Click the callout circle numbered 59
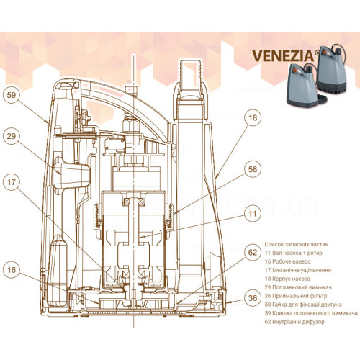[x=12, y=95]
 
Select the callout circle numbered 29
[x=12, y=136]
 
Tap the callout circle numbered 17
[x=12, y=182]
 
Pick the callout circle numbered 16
[x=12, y=270]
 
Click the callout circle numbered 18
[x=253, y=117]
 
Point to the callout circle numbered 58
[x=253, y=169]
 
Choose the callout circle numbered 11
[x=253, y=213]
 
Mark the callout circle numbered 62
[x=253, y=252]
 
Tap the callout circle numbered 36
[x=253, y=298]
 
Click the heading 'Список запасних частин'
[x=297, y=244]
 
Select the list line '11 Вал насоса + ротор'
[x=294, y=253]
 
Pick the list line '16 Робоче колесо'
[x=287, y=261]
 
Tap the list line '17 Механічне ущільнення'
[x=298, y=270]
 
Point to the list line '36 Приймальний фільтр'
[x=296, y=296]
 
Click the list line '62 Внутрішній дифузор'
[x=294, y=322]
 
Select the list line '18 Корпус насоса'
[x=287, y=279]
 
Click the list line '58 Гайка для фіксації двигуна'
[x=303, y=305]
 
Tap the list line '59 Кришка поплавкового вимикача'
[x=311, y=313]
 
